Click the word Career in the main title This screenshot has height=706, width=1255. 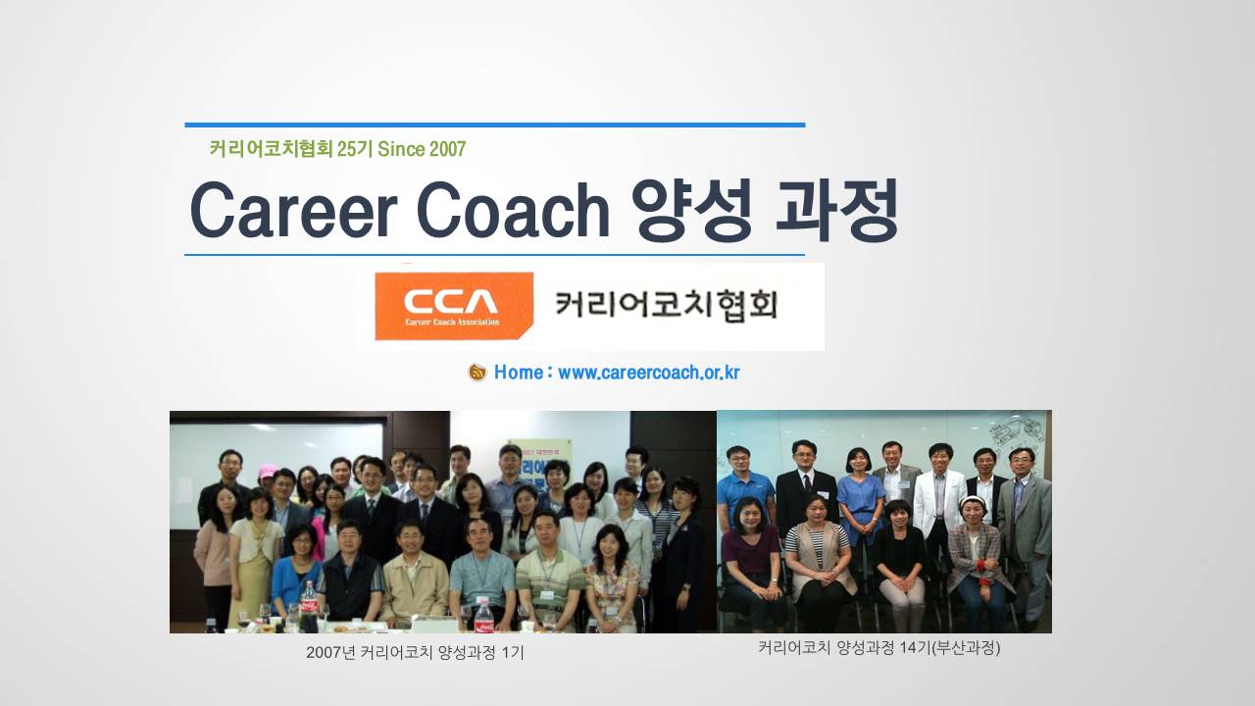click(x=293, y=210)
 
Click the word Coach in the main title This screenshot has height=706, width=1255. click(x=513, y=210)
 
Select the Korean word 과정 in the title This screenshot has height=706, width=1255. click(x=837, y=210)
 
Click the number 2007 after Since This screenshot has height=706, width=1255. click(x=447, y=149)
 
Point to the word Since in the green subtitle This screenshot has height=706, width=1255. click(x=401, y=149)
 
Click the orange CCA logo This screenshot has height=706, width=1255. click(x=454, y=306)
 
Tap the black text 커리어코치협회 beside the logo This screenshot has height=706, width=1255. click(x=666, y=306)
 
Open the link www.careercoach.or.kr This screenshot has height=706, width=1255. click(x=649, y=373)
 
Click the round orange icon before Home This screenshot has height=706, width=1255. click(x=477, y=373)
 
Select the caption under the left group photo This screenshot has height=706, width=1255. click(x=415, y=653)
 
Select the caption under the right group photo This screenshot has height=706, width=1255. click(x=879, y=648)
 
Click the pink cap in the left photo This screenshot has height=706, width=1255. click(x=268, y=470)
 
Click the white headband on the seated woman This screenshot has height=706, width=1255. click(x=975, y=501)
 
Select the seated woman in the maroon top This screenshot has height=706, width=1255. click(x=751, y=560)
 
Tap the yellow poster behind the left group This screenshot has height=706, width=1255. click(x=539, y=460)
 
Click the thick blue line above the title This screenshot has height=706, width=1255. click(x=495, y=125)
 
